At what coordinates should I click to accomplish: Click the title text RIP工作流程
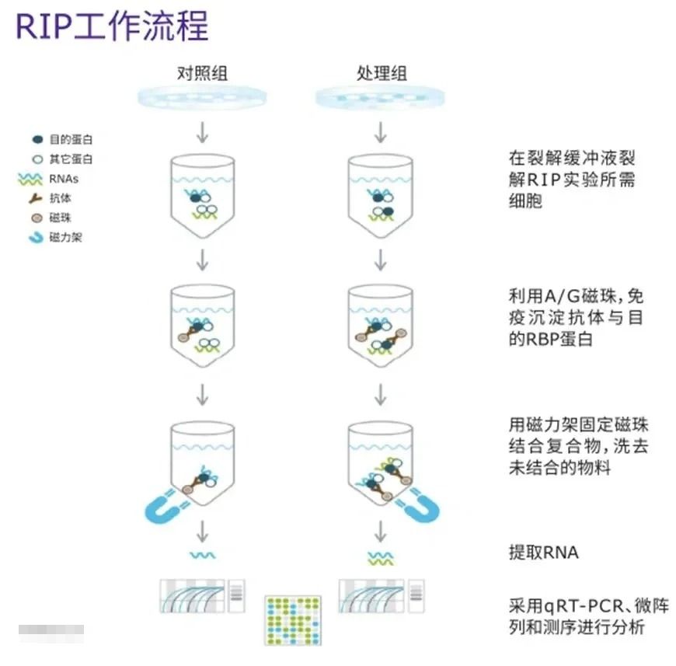(x=113, y=26)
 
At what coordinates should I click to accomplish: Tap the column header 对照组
(x=202, y=75)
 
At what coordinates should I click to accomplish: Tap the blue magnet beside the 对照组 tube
(x=164, y=506)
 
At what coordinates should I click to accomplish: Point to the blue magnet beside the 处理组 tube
(x=420, y=504)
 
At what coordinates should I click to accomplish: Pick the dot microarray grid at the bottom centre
(x=292, y=620)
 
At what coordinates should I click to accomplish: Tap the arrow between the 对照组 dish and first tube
(x=202, y=132)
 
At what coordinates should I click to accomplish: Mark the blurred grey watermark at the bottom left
(x=51, y=632)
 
